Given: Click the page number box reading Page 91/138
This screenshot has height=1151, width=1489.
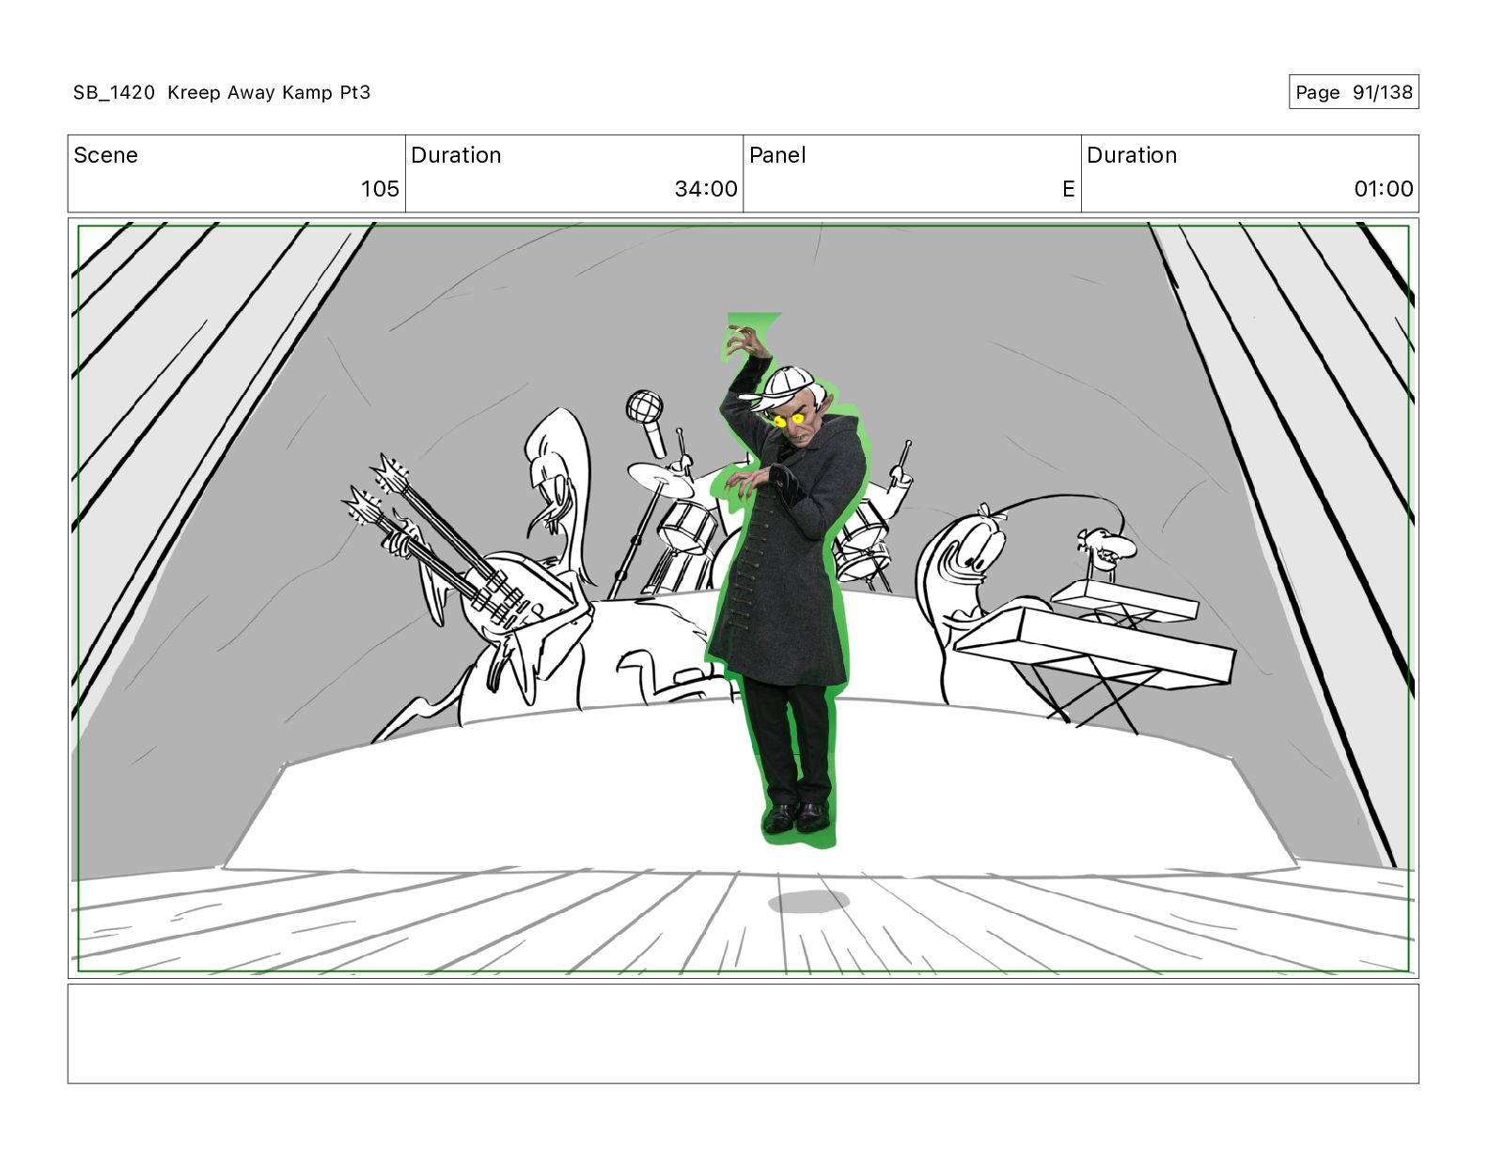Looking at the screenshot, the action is click(1354, 92).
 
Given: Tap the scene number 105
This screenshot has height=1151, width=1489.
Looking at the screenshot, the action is click(380, 188).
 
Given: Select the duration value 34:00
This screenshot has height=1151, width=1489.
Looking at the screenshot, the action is click(706, 188).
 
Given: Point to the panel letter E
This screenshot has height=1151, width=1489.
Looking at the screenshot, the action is click(1068, 188).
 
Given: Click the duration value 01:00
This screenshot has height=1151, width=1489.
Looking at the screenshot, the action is click(1384, 188).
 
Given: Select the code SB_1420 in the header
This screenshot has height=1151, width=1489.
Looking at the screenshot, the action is click(115, 92).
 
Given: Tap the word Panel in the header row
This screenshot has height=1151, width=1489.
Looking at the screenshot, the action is click(777, 155).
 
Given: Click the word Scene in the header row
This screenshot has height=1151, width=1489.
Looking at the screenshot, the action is click(105, 155).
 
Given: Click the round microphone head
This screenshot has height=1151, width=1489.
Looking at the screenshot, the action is click(644, 406).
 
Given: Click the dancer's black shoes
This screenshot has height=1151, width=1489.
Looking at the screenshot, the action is click(796, 817).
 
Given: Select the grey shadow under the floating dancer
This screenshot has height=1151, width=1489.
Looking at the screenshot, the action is click(808, 902).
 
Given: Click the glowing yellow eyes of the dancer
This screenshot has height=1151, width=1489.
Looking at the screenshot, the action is click(789, 419).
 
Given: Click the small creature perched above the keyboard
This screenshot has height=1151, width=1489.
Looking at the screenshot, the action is click(1105, 548).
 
